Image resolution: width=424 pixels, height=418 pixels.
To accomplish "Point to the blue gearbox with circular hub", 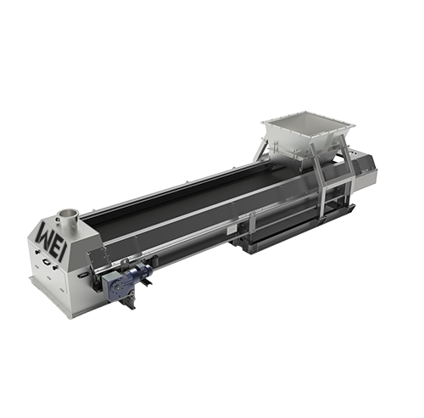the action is (116, 287).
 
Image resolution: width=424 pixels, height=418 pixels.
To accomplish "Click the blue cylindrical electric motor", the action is (142, 272).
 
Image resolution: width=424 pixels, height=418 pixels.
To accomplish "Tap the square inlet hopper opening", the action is (308, 125).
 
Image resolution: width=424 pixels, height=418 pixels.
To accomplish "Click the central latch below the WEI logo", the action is (46, 262).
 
